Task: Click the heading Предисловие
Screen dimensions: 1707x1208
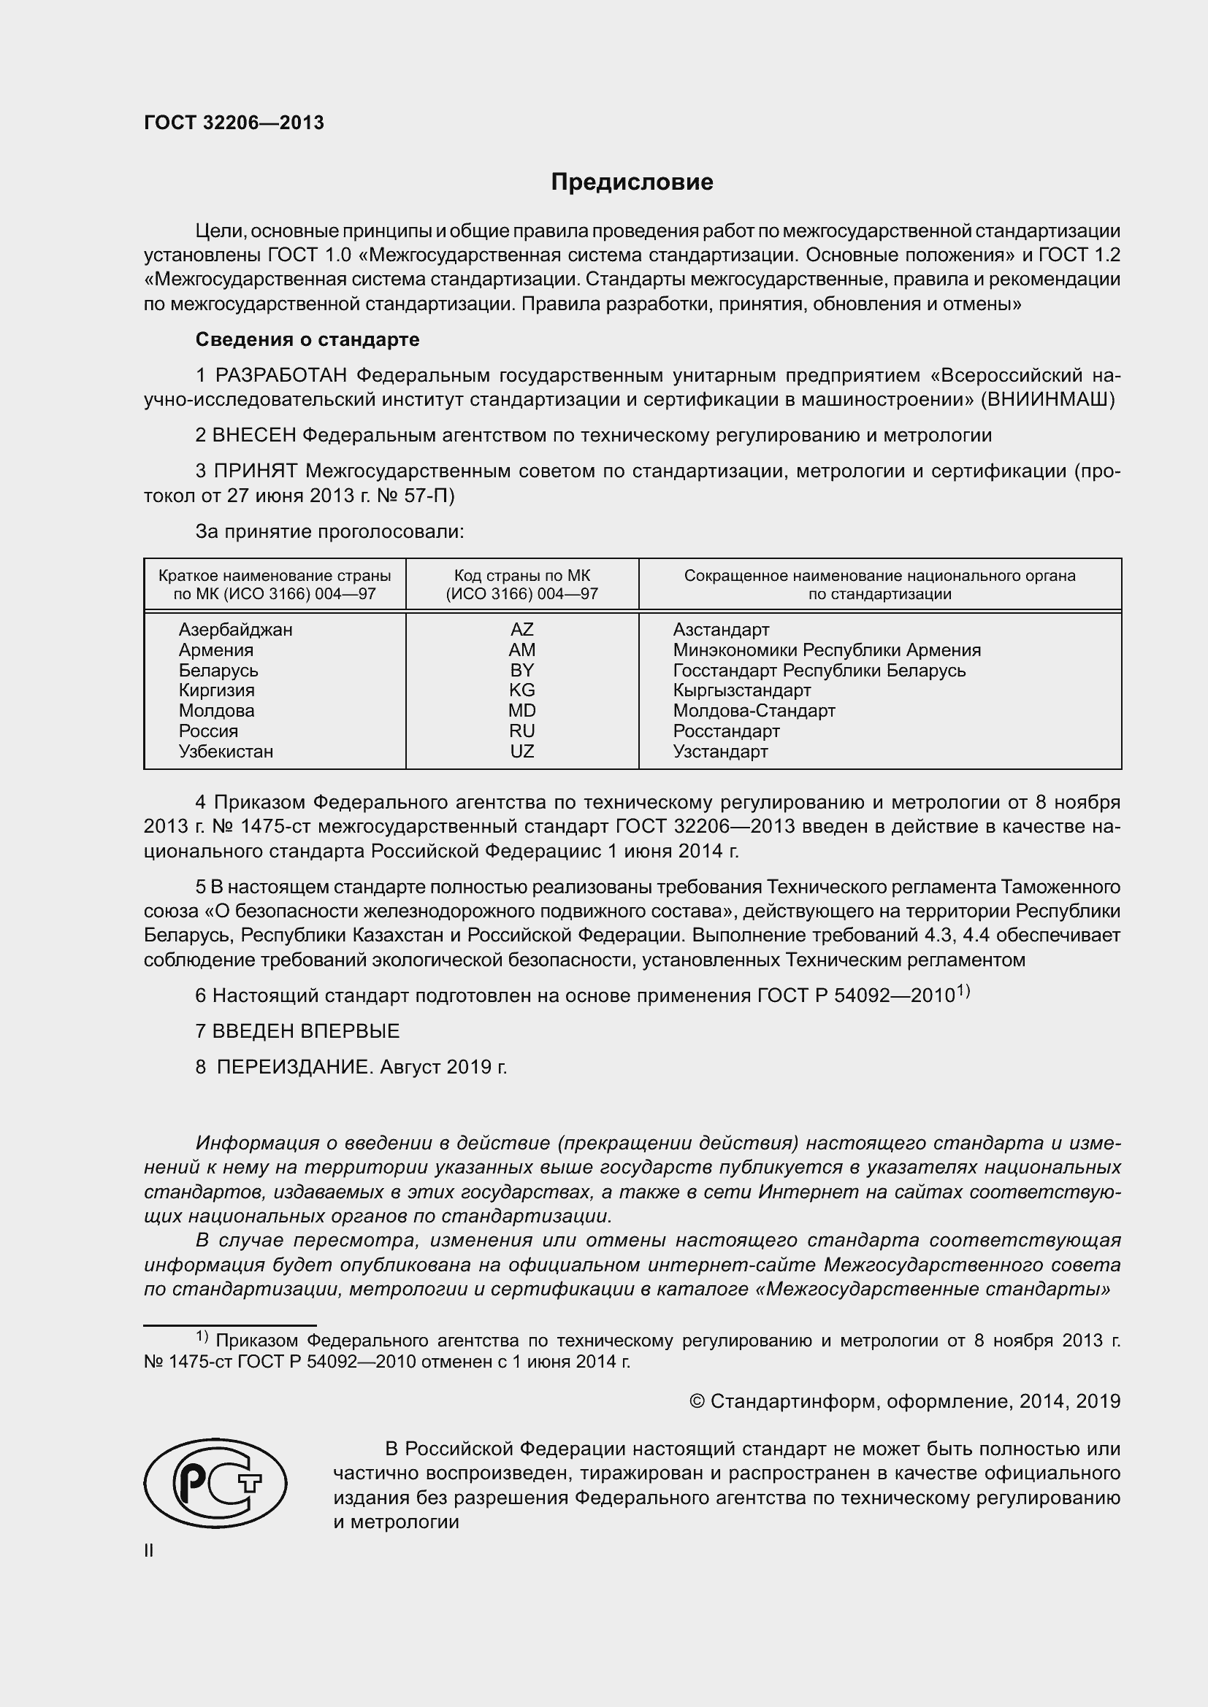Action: (x=632, y=182)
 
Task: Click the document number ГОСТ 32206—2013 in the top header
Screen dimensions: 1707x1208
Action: (x=234, y=123)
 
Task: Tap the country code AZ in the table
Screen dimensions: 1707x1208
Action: (x=521, y=630)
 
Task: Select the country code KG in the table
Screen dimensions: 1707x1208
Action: (x=521, y=690)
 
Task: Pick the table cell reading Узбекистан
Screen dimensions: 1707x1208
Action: (x=226, y=751)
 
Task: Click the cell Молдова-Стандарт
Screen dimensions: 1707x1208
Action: (x=754, y=711)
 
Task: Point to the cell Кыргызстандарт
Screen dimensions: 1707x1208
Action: (x=741, y=690)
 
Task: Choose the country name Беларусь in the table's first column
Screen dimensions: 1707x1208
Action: (x=218, y=670)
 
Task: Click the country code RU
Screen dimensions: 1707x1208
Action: (x=521, y=731)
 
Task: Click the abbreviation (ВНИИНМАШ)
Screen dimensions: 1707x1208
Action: (x=1048, y=400)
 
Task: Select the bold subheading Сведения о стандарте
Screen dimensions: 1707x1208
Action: (x=307, y=340)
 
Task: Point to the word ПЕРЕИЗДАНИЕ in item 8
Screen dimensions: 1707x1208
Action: (x=293, y=1068)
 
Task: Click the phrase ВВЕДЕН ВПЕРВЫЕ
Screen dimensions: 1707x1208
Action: (x=306, y=1031)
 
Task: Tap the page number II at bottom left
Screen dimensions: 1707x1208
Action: (x=149, y=1550)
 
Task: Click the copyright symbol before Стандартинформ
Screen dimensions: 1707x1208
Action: (x=696, y=1402)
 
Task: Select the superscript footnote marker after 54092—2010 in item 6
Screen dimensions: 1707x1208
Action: (x=963, y=990)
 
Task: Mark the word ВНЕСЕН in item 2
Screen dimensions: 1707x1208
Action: (x=254, y=436)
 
